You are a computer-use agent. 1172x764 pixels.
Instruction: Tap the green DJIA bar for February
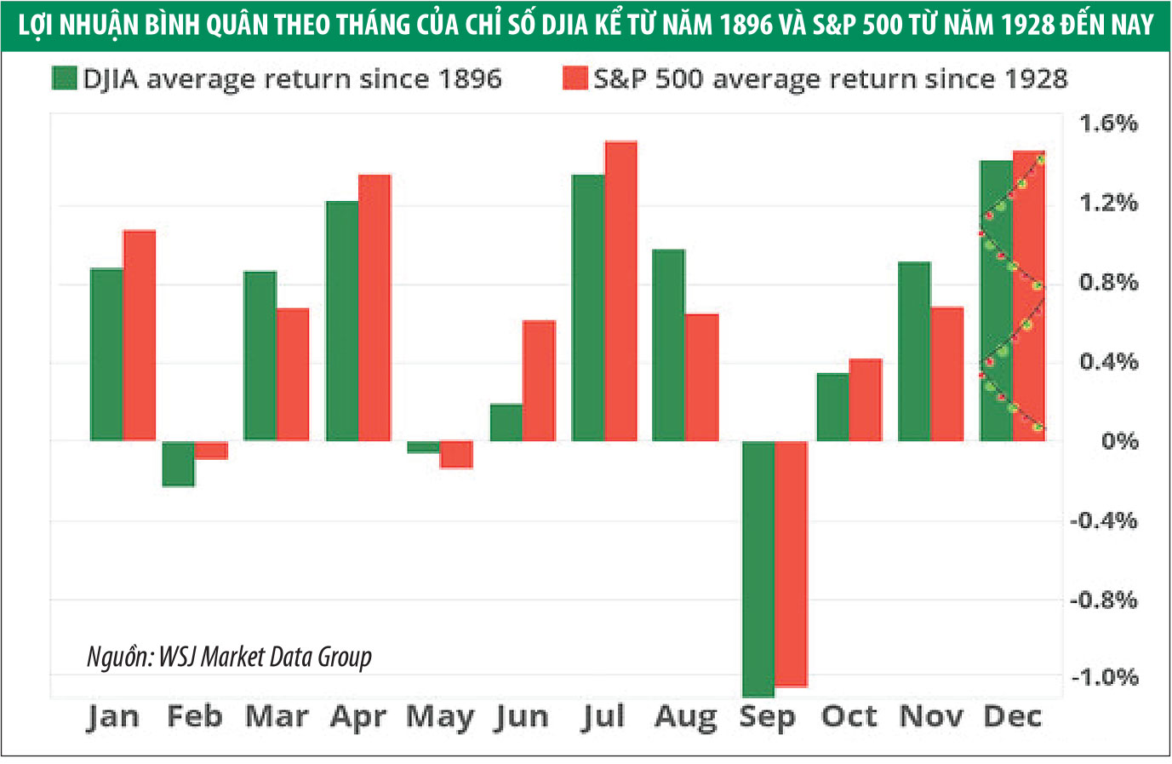point(179,463)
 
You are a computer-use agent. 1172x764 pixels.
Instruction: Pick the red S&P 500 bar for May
point(456,454)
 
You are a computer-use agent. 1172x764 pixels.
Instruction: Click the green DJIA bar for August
point(668,345)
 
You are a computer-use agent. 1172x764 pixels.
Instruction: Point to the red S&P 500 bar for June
point(539,381)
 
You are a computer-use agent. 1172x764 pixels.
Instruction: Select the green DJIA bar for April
point(342,321)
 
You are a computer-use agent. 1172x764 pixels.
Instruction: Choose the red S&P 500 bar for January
point(140,335)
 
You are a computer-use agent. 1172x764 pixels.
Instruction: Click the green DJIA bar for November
point(914,351)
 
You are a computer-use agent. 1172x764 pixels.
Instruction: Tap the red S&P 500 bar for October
point(866,399)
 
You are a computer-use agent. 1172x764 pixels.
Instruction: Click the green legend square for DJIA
point(65,78)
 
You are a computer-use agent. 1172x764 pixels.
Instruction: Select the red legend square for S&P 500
point(575,78)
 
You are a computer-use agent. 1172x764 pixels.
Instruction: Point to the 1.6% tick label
point(1108,124)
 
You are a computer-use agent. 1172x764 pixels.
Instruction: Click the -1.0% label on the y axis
point(1104,678)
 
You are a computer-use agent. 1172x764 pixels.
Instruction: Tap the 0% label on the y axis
point(1119,441)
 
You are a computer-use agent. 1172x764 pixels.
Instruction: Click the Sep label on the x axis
point(767,717)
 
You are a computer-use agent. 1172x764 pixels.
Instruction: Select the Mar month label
point(277,717)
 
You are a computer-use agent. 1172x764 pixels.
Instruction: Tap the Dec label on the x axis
point(1012,717)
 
